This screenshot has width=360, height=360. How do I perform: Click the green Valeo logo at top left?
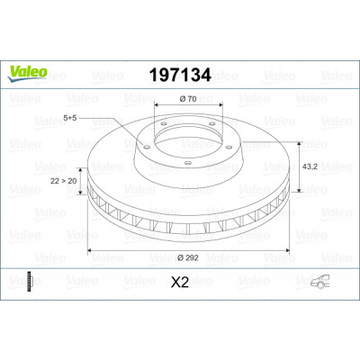click(x=27, y=74)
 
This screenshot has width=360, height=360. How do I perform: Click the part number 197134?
click(x=180, y=75)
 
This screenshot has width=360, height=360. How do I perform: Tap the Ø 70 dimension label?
click(x=188, y=99)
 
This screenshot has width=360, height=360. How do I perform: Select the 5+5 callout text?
click(x=70, y=118)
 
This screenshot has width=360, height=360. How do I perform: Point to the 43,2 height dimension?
click(x=310, y=166)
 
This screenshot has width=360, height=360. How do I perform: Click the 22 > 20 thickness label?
click(x=63, y=181)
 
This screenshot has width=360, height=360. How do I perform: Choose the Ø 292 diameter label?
click(x=188, y=257)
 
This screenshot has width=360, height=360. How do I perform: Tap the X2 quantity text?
click(x=180, y=283)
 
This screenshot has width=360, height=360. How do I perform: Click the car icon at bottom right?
click(x=319, y=282)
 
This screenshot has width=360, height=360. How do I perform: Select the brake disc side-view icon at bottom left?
click(x=30, y=282)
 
